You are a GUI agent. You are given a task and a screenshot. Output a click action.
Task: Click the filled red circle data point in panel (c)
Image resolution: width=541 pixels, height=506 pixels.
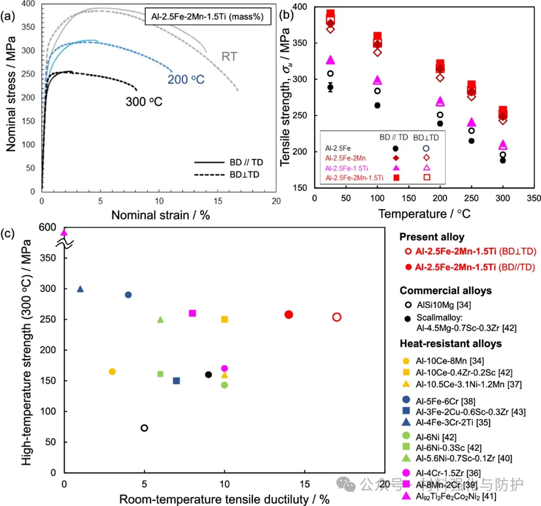click(288, 314)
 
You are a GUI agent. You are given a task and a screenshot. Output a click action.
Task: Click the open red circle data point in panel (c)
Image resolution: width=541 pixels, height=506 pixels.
click(336, 316)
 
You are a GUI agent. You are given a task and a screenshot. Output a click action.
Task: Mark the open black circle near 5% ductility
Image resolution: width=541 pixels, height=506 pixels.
click(144, 428)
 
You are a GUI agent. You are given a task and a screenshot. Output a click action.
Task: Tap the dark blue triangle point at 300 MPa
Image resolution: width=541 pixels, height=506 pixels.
click(80, 288)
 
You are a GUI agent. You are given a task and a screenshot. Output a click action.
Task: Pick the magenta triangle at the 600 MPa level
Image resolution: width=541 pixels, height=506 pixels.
click(64, 232)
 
